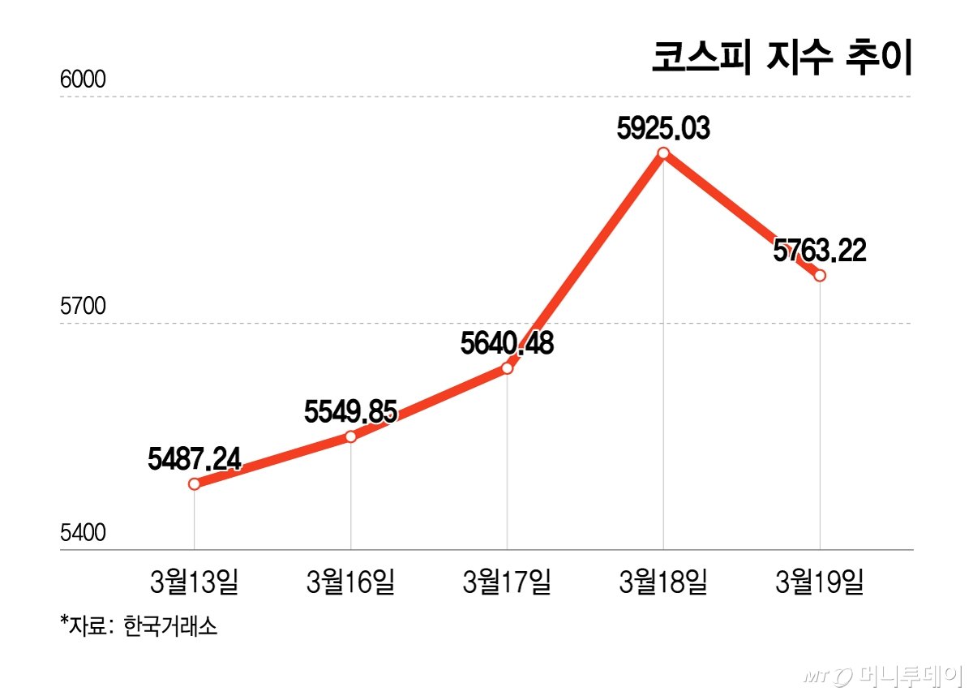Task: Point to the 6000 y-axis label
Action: coord(84,80)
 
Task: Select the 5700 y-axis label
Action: coord(84,307)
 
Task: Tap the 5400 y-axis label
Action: coord(84,533)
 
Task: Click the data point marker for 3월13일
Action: coord(195,484)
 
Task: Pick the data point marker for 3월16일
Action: coord(351,437)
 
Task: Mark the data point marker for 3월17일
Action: coord(508,368)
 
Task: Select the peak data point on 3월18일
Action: coord(664,153)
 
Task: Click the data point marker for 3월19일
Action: coord(821,276)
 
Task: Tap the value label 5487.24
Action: coord(195,460)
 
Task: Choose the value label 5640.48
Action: coord(507,344)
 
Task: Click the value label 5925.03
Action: coord(663,128)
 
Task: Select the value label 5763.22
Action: coord(820,250)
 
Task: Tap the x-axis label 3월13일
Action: coord(195,582)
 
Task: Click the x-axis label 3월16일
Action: coord(351,582)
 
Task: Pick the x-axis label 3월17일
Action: coord(508,582)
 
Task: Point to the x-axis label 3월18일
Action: coord(664,582)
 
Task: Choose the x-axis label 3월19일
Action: coord(821,582)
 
